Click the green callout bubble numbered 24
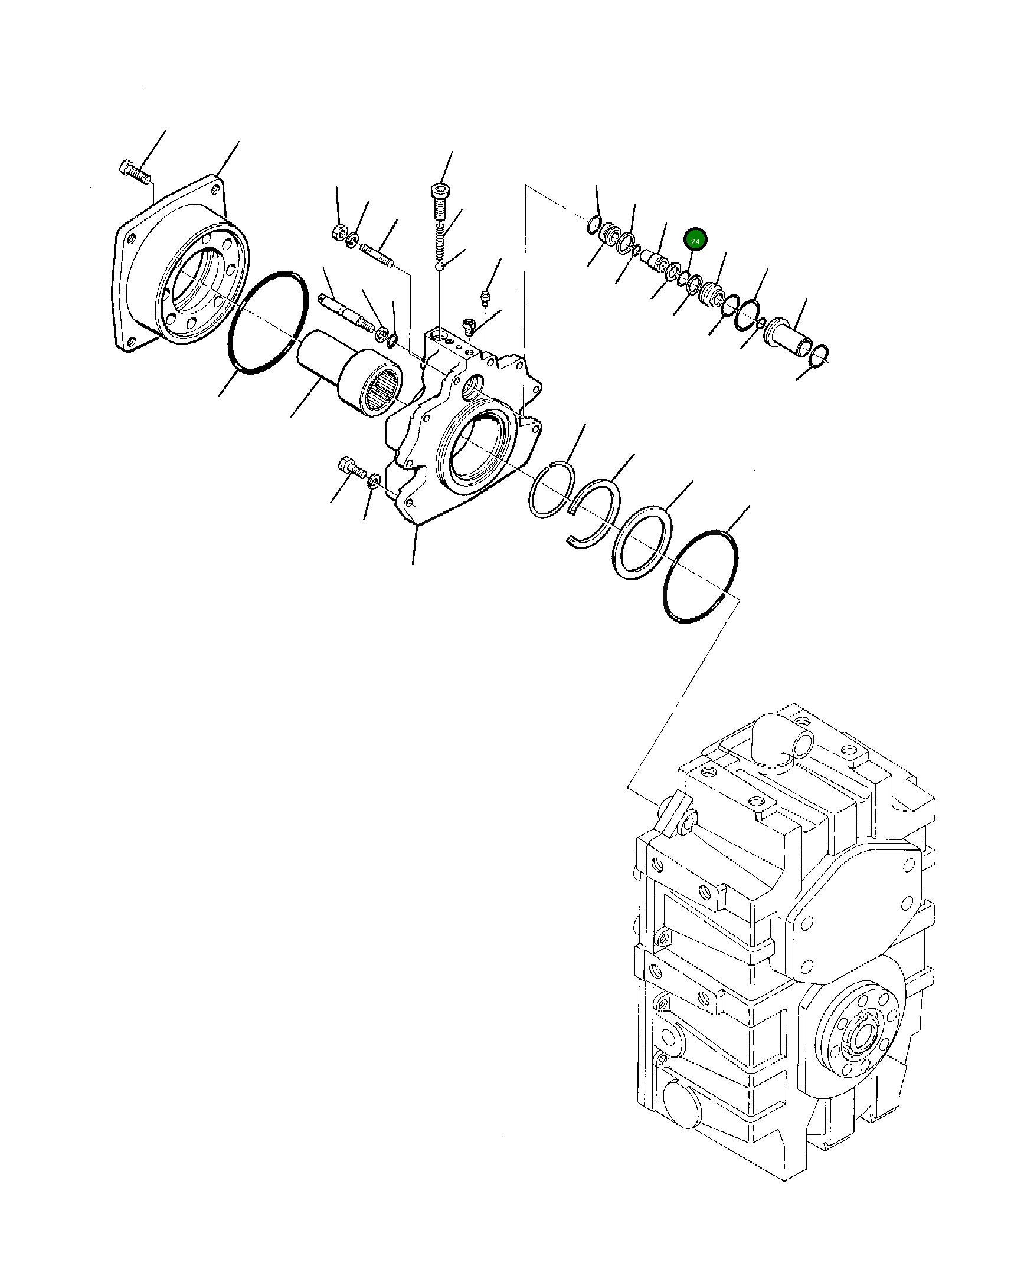coord(695,241)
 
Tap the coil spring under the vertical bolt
coord(440,241)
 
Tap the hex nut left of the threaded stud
coord(338,231)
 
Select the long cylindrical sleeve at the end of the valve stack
coord(787,338)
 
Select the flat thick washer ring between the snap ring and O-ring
coord(640,542)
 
